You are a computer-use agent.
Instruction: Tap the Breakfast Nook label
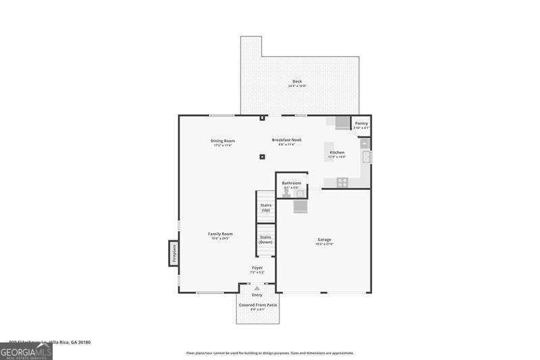click(x=287, y=140)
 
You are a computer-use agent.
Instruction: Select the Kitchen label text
click(x=337, y=153)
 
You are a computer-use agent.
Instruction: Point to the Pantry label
click(x=361, y=124)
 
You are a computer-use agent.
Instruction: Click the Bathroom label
click(x=292, y=183)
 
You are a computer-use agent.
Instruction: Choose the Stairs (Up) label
click(x=266, y=208)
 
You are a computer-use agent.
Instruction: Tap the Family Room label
click(x=220, y=234)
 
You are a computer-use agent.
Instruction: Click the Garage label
click(x=324, y=240)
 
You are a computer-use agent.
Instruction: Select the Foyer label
click(x=257, y=268)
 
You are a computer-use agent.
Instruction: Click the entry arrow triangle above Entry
click(x=257, y=288)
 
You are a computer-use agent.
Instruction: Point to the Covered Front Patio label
click(x=257, y=305)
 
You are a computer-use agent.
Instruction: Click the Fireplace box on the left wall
click(x=173, y=253)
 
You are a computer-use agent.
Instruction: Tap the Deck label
click(x=297, y=82)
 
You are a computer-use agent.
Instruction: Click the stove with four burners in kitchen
click(x=342, y=181)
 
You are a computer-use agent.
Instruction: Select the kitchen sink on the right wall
click(x=366, y=157)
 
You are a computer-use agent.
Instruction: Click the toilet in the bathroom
click(x=286, y=192)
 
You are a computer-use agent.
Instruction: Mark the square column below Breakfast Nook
click(x=263, y=157)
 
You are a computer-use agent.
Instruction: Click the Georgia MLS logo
click(x=26, y=352)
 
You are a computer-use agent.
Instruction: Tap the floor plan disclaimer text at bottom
click(x=270, y=353)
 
